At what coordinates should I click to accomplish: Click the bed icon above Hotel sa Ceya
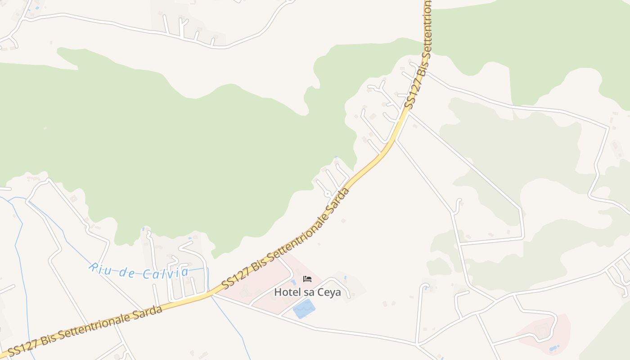coord(307,279)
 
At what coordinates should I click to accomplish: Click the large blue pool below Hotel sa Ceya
coord(304,309)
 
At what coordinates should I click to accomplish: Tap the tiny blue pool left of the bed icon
coord(293,282)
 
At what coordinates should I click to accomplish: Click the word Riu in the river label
coord(98,267)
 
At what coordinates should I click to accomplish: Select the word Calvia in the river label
coord(166,273)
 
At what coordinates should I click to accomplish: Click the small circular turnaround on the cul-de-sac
coord(328,193)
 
